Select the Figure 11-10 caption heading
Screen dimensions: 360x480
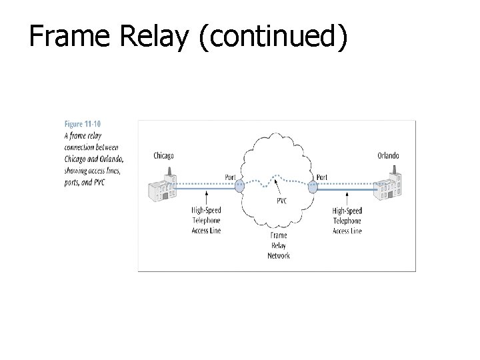tap(83, 123)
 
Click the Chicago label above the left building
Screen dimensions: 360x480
tap(163, 156)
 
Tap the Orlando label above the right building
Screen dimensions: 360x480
tap(388, 156)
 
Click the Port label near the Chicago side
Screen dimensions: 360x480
tap(231, 177)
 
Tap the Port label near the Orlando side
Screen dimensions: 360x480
tap(322, 177)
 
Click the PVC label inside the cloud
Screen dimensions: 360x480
tap(281, 201)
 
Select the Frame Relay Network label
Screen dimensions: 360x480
tap(279, 245)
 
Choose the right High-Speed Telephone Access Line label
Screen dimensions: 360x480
tap(347, 221)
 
